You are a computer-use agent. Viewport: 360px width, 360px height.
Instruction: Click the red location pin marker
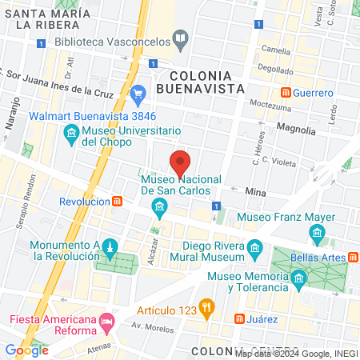pyautogui.click(x=181, y=162)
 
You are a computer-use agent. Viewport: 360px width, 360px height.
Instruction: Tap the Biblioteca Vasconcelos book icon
pyautogui.click(x=182, y=38)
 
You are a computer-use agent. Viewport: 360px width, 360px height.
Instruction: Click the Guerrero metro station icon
pyautogui.click(x=286, y=93)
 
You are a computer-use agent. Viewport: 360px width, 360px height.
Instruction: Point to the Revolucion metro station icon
pyautogui.click(x=118, y=202)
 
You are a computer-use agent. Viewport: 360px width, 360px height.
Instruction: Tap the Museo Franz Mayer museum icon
pyautogui.click(x=316, y=234)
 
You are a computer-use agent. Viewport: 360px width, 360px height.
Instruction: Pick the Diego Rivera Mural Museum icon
pyautogui.click(x=254, y=246)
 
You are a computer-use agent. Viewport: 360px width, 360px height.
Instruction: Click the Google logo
pyautogui.click(x=26, y=350)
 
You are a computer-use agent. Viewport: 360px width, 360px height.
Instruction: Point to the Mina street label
pyautogui.click(x=256, y=193)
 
